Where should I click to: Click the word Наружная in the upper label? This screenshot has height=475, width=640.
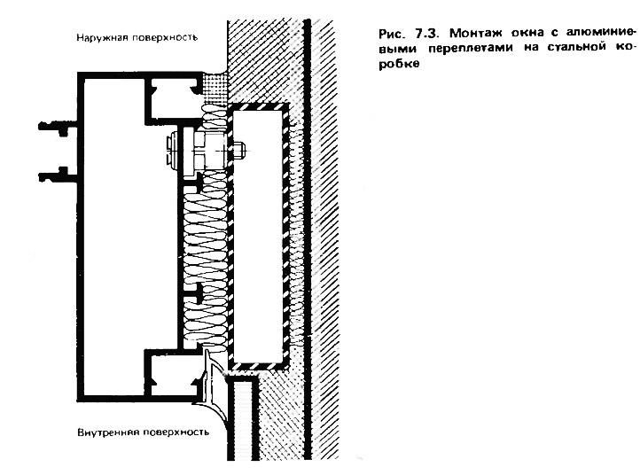98,38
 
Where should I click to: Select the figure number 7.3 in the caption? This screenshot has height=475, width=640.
427,32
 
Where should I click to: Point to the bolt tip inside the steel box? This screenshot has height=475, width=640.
240,150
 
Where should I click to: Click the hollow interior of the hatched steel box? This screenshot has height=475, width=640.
258,236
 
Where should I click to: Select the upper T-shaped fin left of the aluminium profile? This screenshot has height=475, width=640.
58,125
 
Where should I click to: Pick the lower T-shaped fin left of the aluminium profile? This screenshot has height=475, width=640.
58,175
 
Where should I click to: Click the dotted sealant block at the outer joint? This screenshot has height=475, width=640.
215,87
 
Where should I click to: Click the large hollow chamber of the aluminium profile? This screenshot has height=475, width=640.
114,236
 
